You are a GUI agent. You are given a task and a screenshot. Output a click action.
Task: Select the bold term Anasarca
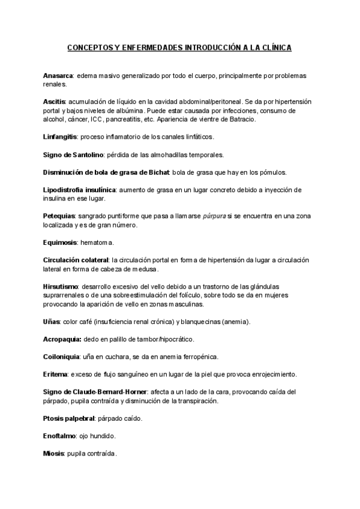(58, 76)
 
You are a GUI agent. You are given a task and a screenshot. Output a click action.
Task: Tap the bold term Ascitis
(55, 102)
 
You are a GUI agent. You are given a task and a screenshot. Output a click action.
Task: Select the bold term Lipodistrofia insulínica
(80, 190)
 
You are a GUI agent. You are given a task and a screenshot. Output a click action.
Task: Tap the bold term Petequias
(59, 216)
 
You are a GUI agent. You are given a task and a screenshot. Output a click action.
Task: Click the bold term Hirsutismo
(61, 286)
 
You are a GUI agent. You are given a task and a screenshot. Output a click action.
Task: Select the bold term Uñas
(52, 322)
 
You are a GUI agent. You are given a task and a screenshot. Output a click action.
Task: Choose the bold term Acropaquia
(62, 339)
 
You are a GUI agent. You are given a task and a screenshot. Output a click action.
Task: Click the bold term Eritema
(55, 374)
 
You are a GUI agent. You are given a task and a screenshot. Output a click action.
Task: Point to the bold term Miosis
(54, 453)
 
